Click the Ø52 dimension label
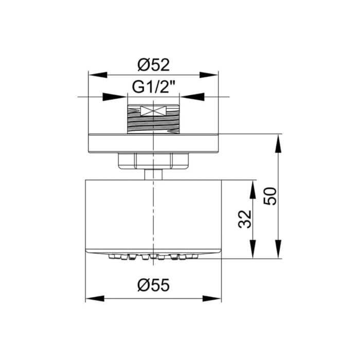(x=154, y=65)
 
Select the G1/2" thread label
(x=154, y=87)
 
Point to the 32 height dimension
(x=246, y=218)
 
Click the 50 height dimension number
(x=271, y=196)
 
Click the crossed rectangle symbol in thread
(x=153, y=111)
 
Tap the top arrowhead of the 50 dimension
(x=278, y=143)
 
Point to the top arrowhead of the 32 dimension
(x=253, y=189)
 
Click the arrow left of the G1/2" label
(x=116, y=96)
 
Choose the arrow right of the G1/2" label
(x=191, y=96)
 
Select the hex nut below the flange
(x=154, y=161)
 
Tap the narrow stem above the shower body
(x=153, y=174)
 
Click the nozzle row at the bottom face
(x=153, y=256)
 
